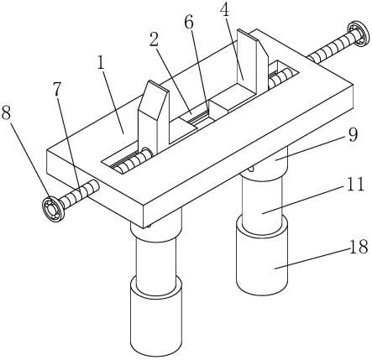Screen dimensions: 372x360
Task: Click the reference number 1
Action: click(101, 63)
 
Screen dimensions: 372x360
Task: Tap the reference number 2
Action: click(154, 39)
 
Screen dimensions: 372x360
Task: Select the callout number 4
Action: click(224, 12)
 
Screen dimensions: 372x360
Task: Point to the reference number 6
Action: click(189, 23)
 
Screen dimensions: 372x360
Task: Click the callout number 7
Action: click(57, 89)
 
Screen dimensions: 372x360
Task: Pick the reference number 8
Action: click(7, 113)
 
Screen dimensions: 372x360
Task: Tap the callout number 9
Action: click(353, 134)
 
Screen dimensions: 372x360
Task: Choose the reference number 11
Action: click(355, 184)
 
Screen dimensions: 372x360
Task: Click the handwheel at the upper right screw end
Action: click(358, 34)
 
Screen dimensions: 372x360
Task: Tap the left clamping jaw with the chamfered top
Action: click(153, 117)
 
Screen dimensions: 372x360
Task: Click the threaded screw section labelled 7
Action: click(80, 194)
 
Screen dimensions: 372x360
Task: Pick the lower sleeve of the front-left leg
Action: click(156, 316)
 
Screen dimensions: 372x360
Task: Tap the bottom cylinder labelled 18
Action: click(262, 256)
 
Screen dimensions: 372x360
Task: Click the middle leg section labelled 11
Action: click(262, 202)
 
